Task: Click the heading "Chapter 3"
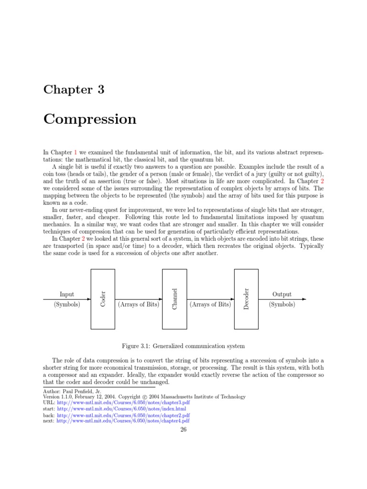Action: (x=74, y=90)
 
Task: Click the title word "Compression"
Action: (x=90, y=119)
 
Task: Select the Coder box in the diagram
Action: (x=103, y=299)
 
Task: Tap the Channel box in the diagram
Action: (x=174, y=299)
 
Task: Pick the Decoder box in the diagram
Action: (x=246, y=299)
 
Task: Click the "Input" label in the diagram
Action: (x=67, y=294)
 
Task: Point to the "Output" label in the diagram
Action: (x=282, y=294)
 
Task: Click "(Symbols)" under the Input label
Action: (x=67, y=304)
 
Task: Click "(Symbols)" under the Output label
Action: (x=282, y=304)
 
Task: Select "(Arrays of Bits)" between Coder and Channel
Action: (x=139, y=304)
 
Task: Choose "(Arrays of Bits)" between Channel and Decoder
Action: (x=210, y=304)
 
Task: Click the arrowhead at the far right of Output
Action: (x=304, y=299)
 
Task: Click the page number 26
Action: (x=183, y=429)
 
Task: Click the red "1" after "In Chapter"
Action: (x=75, y=152)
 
